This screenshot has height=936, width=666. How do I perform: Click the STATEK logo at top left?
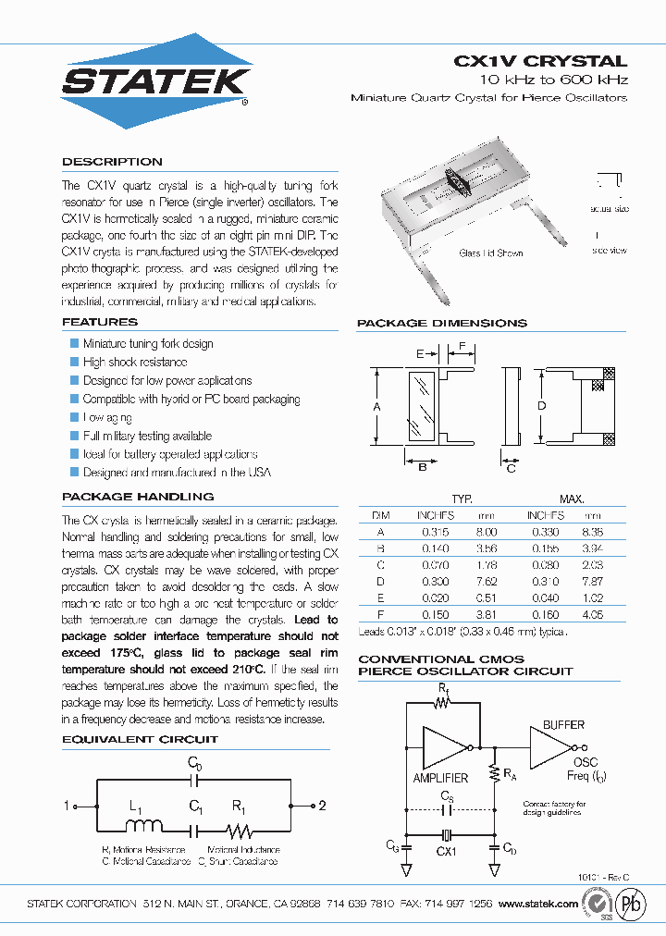coord(155,81)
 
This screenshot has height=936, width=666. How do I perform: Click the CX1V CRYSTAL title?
coord(540,61)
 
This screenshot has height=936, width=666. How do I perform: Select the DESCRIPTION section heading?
coord(112,162)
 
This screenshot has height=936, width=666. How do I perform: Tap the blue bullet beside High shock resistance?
coord(75,362)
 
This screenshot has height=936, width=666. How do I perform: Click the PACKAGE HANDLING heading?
coord(138,497)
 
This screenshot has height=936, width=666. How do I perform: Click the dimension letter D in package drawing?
coord(542,405)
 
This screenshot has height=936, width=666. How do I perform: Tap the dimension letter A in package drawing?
coord(376,405)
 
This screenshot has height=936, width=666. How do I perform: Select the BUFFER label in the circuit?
coord(563,724)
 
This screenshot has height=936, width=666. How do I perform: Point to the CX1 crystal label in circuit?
coord(447,850)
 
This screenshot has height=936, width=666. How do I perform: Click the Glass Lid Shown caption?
coord(491,253)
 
